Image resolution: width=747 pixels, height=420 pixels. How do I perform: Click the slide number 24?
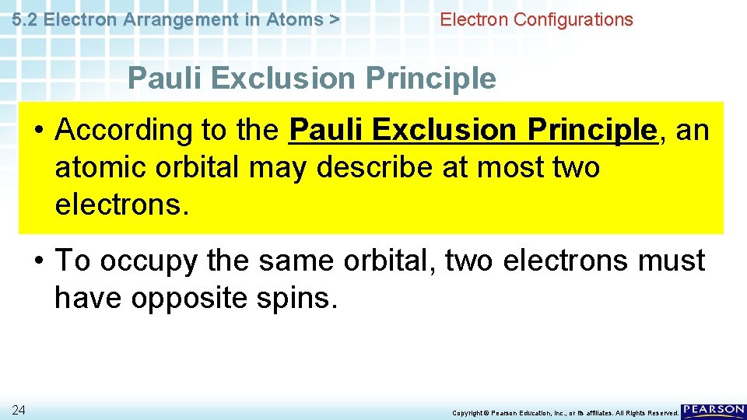pos(18,411)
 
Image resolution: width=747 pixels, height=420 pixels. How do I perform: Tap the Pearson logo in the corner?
pos(713,411)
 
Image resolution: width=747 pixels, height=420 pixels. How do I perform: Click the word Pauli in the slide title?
pos(164,79)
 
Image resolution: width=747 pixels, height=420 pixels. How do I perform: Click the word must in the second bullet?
pos(669,261)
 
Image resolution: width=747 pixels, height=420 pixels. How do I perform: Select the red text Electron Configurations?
pos(536,20)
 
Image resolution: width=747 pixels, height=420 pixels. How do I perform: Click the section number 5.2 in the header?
pos(26,20)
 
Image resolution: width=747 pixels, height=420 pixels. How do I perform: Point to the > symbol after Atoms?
pos(334,20)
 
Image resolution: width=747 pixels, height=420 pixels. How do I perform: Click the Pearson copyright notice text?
pos(565,413)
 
